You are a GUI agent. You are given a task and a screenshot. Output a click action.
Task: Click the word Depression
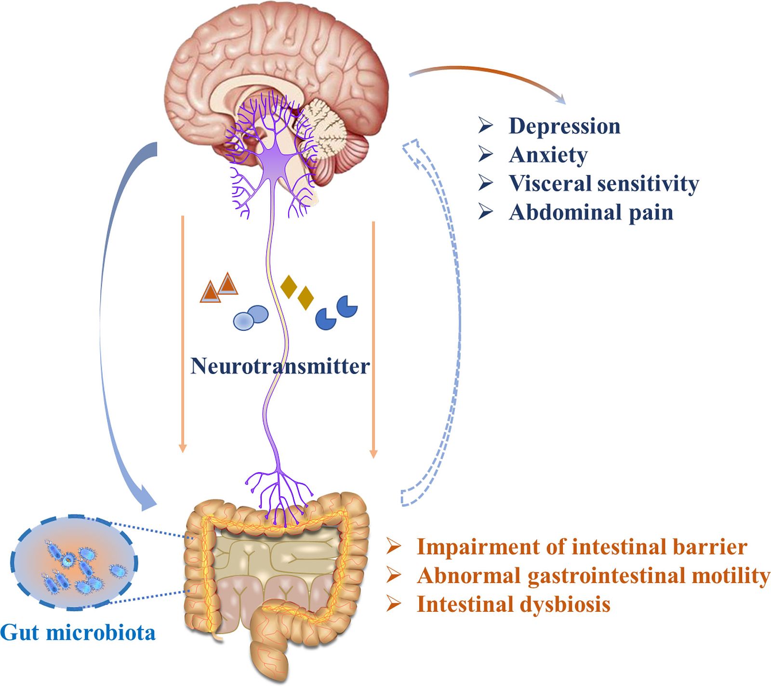click(x=564, y=126)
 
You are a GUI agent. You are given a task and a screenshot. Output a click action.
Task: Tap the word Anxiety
click(x=548, y=155)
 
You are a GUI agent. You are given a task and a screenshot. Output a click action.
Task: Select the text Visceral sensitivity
click(x=603, y=184)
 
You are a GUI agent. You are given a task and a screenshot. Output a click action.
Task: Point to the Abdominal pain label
click(x=591, y=212)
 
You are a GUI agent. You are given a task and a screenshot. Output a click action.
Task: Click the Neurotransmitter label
click(x=280, y=366)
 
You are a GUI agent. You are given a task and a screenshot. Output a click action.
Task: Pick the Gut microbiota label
click(x=78, y=632)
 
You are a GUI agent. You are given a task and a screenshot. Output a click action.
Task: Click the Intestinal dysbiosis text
click(x=513, y=604)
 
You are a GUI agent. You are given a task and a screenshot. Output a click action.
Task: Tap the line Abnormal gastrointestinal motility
click(x=593, y=575)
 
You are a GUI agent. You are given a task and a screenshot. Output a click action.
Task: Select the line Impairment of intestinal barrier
click(x=582, y=547)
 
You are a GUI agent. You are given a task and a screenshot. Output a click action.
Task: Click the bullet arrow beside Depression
click(x=486, y=126)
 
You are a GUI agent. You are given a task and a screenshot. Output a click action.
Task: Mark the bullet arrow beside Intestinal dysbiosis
click(x=394, y=604)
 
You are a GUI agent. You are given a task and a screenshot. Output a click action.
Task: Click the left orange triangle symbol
click(x=210, y=292)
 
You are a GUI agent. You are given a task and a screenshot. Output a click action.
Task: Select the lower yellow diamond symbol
click(x=306, y=298)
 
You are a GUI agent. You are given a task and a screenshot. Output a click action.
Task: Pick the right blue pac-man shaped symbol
click(x=347, y=306)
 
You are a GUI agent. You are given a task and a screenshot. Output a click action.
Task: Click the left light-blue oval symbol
click(x=244, y=321)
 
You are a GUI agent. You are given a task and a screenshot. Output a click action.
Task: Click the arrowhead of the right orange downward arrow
click(x=373, y=453)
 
